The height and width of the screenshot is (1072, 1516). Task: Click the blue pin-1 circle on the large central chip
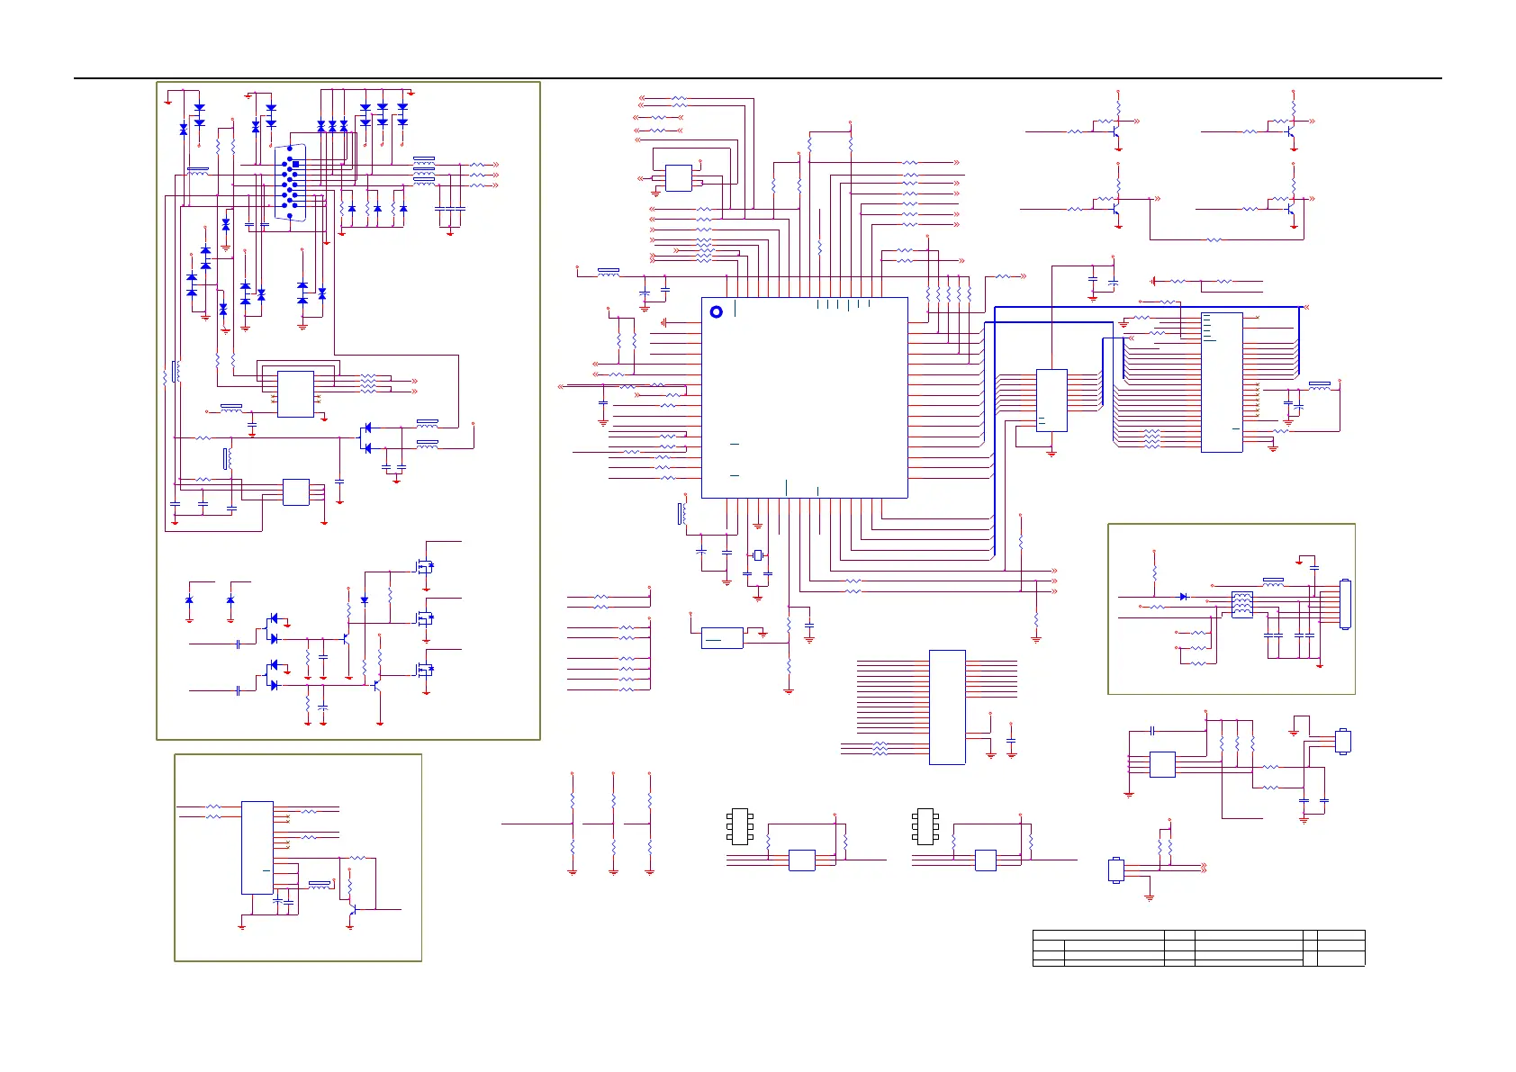pos(717,312)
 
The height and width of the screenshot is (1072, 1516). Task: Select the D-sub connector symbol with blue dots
pos(290,183)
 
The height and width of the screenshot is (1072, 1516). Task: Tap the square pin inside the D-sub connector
pos(295,165)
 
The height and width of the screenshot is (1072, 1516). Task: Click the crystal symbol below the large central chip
pos(758,555)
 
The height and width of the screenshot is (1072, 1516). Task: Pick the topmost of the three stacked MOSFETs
pos(424,567)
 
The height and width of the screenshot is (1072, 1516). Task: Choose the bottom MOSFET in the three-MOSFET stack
pos(424,670)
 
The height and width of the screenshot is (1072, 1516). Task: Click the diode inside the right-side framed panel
pos(1183,597)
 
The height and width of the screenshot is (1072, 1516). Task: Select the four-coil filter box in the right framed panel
pos(1241,604)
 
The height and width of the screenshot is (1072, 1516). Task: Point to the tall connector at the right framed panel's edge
pos(1345,604)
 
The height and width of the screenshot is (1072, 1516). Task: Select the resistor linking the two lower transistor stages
pos(1214,240)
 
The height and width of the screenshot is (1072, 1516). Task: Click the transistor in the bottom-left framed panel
pos(352,910)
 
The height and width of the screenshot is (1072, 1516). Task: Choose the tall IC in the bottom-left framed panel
pos(257,847)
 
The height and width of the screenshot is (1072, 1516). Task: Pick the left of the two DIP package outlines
pos(740,826)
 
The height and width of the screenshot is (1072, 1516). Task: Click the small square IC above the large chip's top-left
pos(679,178)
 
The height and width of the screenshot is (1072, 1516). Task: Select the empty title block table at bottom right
pos(1198,948)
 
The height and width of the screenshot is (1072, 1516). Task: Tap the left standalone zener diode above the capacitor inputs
pos(189,599)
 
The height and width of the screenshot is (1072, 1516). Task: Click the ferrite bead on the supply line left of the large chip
pos(609,270)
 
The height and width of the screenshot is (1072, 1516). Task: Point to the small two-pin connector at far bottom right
pos(1116,870)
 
